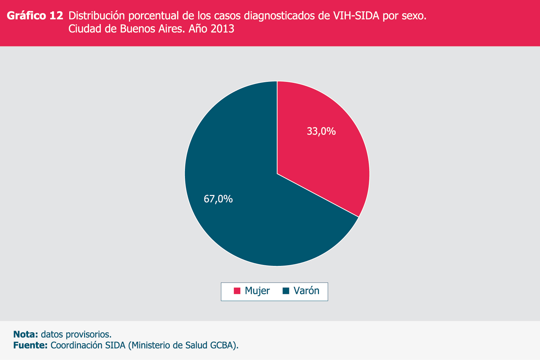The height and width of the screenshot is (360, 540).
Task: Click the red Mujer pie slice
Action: tap(325, 155)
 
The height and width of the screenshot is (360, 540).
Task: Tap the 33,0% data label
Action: tap(321, 131)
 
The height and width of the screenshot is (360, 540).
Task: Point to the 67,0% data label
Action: tap(218, 199)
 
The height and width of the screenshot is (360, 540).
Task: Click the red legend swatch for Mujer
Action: tap(237, 291)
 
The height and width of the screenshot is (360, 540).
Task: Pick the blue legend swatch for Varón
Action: tap(286, 291)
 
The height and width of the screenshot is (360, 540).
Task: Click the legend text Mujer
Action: tap(257, 291)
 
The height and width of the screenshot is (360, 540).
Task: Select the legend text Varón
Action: tap(306, 291)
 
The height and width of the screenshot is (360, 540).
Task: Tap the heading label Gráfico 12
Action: tap(35, 16)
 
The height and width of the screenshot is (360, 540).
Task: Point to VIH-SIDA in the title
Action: tap(354, 16)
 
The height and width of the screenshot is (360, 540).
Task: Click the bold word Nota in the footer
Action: tap(25, 334)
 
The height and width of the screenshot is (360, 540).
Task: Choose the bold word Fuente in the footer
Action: tap(30, 345)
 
